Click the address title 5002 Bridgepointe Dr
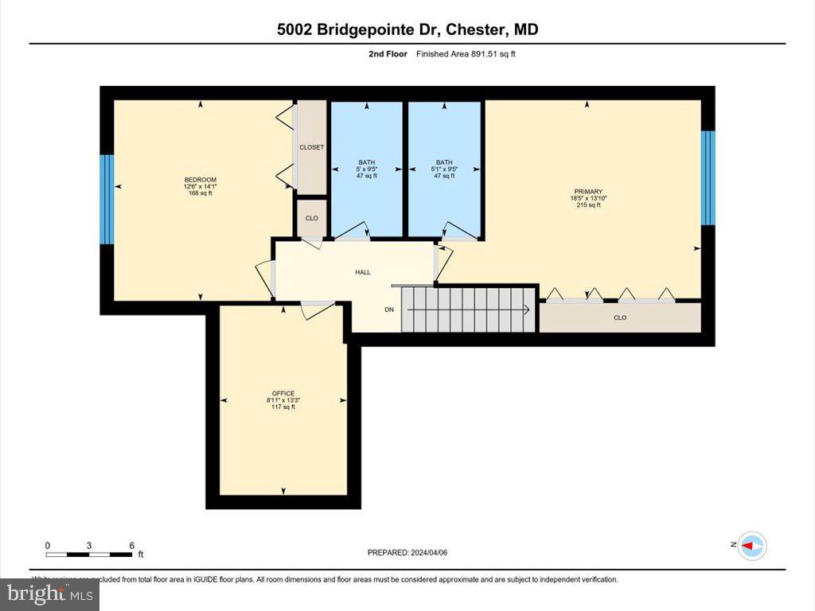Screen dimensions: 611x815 tap(407, 29)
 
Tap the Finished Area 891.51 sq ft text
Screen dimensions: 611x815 tap(471, 54)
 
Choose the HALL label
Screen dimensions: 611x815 tap(363, 272)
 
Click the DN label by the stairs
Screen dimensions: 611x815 tap(389, 309)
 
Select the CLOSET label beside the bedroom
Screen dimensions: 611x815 tap(311, 147)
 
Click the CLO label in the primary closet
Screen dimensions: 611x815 tap(620, 317)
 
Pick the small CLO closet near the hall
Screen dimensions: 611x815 tap(312, 218)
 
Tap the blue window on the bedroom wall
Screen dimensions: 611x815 tap(107, 199)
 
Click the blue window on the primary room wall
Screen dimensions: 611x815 tap(708, 177)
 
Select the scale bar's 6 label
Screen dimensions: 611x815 tap(132, 545)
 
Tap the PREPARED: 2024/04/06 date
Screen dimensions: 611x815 tap(412, 552)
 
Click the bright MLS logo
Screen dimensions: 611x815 tap(49, 593)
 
